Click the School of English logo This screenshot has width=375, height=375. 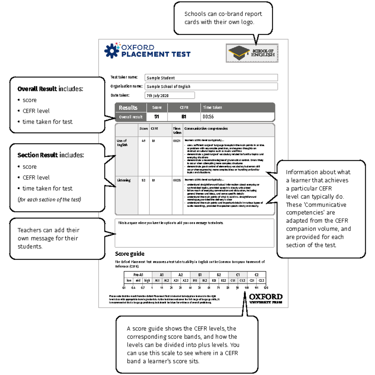pyautogui.click(x=252, y=53)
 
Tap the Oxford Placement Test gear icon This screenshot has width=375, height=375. pyautogui.click(x=112, y=51)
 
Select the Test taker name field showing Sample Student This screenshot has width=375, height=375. pyautogui.click(x=211, y=78)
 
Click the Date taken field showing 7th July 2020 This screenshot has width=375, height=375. pyautogui.click(x=170, y=95)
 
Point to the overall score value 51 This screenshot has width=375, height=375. pyautogui.click(x=157, y=117)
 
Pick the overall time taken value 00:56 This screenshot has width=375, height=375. pyautogui.click(x=208, y=117)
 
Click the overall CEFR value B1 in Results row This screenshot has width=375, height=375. pyautogui.click(x=184, y=117)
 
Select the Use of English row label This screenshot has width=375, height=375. pyautogui.click(x=122, y=143)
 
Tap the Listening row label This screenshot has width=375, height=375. pyautogui.click(x=124, y=180)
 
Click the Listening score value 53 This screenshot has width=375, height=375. pyautogui.click(x=143, y=180)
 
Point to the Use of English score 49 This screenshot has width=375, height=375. pyautogui.click(x=143, y=141)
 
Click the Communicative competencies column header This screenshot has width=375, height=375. pyautogui.click(x=206, y=128)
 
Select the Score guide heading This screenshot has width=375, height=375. pyautogui.click(x=130, y=254)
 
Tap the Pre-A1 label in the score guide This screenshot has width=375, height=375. pyautogui.click(x=138, y=275)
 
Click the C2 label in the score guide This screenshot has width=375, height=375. pyautogui.click(x=257, y=275)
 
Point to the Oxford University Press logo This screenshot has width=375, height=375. pyautogui.click(x=266, y=298)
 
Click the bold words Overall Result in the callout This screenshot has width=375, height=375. pyautogui.click(x=37, y=89)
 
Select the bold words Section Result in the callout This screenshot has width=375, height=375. pyautogui.click(x=37, y=155)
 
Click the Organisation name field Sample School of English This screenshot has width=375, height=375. pyautogui.click(x=211, y=87)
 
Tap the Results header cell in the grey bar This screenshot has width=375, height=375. pyautogui.click(x=128, y=107)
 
